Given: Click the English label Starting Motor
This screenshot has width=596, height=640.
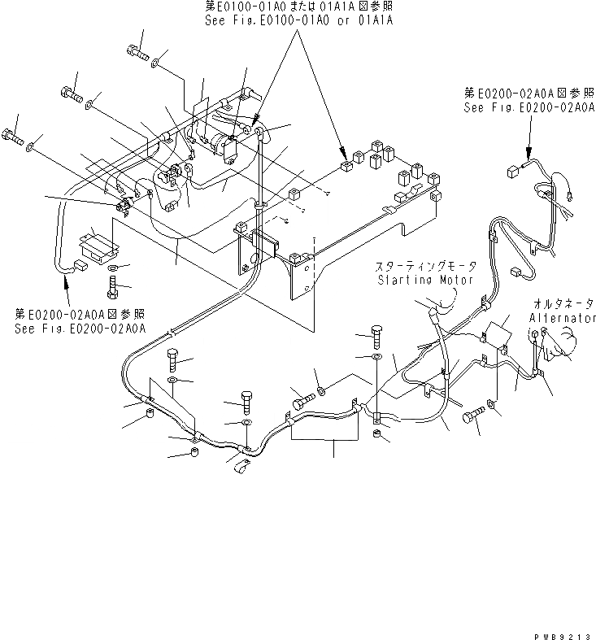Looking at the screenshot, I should (424, 281).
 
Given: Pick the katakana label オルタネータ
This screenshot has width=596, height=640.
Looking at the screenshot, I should (562, 303).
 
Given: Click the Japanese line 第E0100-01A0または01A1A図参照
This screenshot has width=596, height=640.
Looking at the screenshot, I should (298, 7).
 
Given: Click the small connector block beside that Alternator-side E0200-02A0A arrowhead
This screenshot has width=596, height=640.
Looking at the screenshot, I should (512, 172).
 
